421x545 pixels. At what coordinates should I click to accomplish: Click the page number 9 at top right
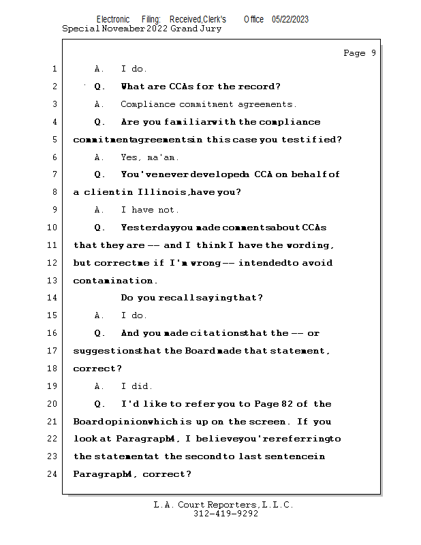(373, 53)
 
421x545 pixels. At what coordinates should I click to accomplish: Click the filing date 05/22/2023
(290, 19)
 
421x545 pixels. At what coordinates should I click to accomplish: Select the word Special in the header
(80, 29)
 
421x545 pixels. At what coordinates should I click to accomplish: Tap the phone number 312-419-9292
(225, 514)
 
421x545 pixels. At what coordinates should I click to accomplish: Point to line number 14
(54, 298)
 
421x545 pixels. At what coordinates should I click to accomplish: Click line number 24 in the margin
(54, 474)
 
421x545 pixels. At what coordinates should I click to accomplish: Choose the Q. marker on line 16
(99, 333)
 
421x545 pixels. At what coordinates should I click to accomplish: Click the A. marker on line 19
(99, 386)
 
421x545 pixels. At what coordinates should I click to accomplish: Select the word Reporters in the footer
(232, 505)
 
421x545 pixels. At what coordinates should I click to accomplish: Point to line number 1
(54, 69)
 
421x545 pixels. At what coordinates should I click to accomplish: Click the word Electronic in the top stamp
(113, 19)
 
